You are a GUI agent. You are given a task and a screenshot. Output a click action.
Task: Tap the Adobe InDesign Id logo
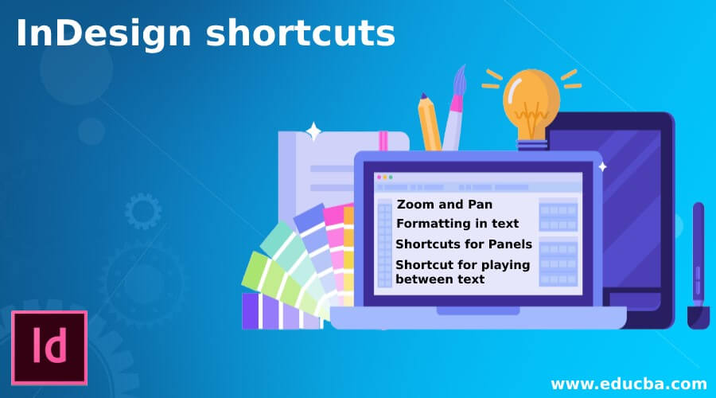point(49,348)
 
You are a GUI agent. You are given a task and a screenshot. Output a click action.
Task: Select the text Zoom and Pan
point(444,205)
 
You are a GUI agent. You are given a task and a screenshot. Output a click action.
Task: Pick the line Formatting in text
point(457,224)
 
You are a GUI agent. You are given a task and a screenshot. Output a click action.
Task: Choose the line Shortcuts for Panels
point(464,244)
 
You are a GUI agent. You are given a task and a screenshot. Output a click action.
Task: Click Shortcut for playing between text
point(462,271)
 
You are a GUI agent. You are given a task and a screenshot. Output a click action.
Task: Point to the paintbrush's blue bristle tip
point(460,80)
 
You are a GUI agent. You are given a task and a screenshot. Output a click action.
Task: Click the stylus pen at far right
point(697,263)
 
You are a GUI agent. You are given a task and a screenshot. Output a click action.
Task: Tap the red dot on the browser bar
point(378,177)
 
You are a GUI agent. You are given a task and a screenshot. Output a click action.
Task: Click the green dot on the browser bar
point(391,177)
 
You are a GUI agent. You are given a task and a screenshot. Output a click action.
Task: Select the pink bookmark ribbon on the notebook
point(383,142)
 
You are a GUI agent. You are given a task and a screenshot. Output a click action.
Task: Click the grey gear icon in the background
point(143,213)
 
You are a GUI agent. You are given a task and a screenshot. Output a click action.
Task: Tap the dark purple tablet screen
point(628,207)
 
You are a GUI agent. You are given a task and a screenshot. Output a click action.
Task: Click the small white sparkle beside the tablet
point(602,166)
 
